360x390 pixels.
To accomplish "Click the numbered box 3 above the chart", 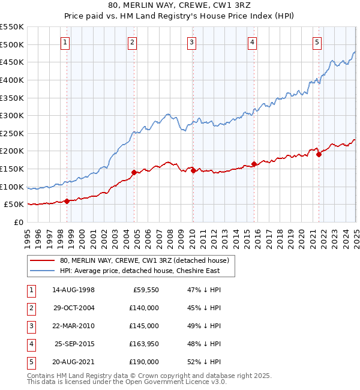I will click(x=191, y=42).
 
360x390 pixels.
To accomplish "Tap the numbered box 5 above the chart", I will click(x=317, y=42).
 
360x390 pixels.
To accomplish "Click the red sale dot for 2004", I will click(x=134, y=172).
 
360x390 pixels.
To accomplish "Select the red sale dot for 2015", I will click(x=254, y=164).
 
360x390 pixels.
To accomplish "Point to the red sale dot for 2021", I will click(x=319, y=155).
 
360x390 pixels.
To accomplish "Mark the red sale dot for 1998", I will click(x=67, y=201).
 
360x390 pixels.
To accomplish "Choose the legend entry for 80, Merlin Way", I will click(x=145, y=260).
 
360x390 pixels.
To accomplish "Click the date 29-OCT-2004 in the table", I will click(x=73, y=307).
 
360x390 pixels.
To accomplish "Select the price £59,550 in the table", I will click(x=145, y=289).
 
